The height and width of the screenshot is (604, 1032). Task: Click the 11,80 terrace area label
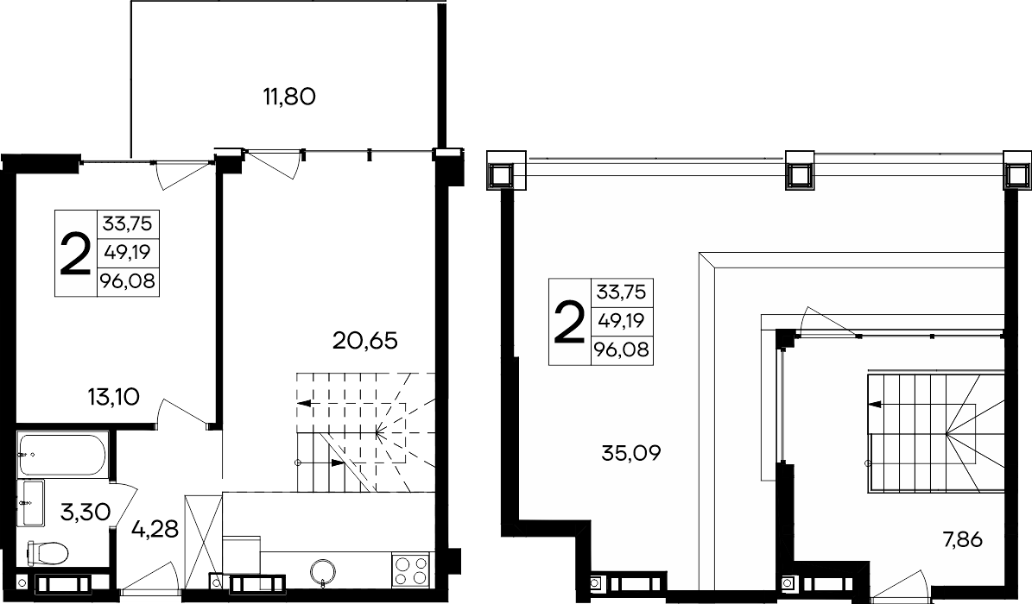coord(289,98)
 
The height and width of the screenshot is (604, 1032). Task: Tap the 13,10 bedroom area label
coord(113,397)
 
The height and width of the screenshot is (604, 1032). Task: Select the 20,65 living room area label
coord(365,341)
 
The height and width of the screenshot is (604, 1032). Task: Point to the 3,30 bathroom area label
coord(85,511)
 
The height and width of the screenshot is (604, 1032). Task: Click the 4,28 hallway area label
coord(155,528)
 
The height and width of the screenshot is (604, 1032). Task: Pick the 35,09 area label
coord(631,453)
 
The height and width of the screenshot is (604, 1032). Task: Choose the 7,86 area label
coord(962,540)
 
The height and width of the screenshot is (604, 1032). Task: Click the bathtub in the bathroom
coord(62,454)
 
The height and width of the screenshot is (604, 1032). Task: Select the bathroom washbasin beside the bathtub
coord(32,503)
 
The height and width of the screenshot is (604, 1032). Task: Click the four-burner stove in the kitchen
coord(412,569)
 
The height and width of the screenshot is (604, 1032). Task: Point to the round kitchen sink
coord(323,570)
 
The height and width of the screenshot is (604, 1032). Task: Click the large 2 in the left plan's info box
coord(75,254)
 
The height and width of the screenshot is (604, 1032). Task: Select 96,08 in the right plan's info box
coord(622,350)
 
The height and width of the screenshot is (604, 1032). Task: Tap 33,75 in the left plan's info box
coord(128,223)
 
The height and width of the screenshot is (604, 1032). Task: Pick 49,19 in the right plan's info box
coord(622,321)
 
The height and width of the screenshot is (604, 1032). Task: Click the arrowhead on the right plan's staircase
coord(876,405)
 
